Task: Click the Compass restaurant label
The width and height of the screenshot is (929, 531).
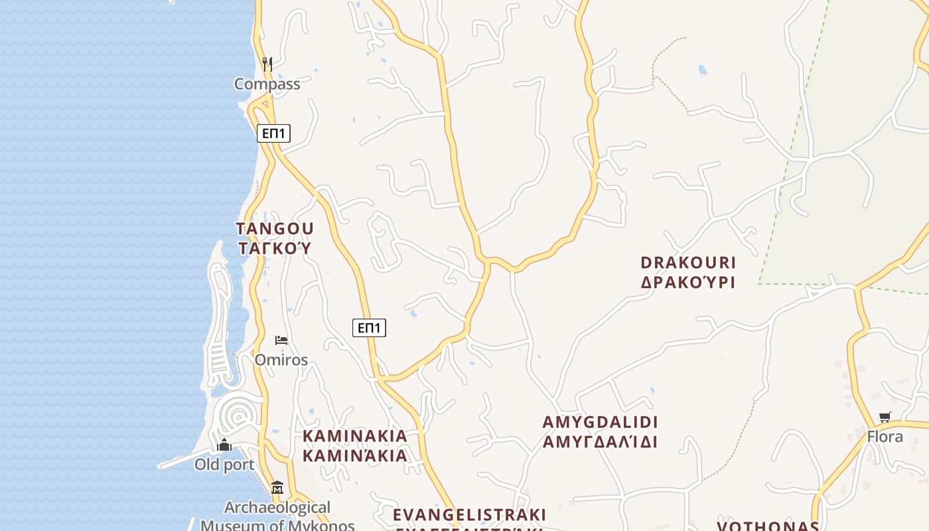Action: pos(267,84)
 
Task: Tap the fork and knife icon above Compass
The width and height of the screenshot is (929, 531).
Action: pos(267,64)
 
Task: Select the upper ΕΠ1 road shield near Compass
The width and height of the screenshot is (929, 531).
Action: pos(273,133)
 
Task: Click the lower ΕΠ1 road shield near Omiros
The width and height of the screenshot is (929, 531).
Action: pos(369,327)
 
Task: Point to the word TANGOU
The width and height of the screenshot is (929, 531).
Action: pos(275,229)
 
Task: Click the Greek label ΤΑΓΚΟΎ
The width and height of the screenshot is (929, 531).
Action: pos(275,249)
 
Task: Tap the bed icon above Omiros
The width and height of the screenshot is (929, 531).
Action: pos(281,341)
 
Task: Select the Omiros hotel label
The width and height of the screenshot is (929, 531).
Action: pos(281,360)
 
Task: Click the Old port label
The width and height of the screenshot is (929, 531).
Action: pos(224,465)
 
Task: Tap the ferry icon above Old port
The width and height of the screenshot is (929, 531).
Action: pos(224,445)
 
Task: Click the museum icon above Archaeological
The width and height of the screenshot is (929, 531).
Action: pos(277,489)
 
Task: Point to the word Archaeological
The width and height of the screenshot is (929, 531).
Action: pos(277,508)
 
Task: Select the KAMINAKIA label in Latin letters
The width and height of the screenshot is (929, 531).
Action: pos(355,436)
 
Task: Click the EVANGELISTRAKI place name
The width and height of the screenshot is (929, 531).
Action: pos(469,515)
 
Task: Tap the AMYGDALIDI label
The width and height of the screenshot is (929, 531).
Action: pos(600,422)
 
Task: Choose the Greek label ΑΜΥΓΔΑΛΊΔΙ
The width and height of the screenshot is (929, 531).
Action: pos(600,442)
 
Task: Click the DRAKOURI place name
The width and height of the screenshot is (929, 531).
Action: pos(688,263)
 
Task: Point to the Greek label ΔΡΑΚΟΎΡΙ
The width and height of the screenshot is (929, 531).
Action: pos(688,282)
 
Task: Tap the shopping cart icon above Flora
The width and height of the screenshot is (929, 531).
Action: pos(885,417)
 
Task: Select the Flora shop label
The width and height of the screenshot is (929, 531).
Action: pos(885,437)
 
